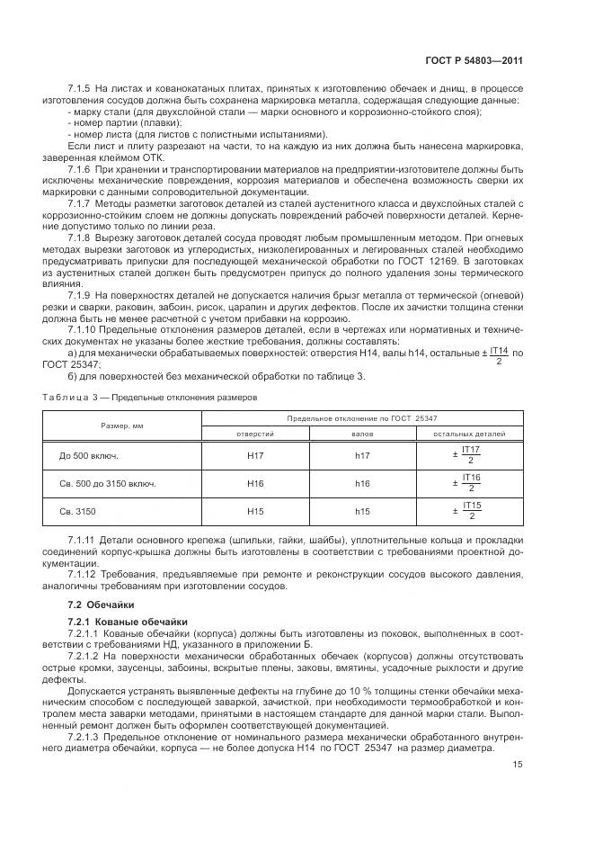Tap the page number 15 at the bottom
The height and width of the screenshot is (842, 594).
tap(542, 766)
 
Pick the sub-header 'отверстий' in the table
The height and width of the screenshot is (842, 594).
tap(255, 434)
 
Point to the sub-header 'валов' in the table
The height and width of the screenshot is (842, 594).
tap(362, 434)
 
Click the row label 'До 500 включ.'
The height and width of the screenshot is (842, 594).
tap(89, 455)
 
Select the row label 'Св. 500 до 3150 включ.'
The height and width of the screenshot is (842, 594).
tap(107, 484)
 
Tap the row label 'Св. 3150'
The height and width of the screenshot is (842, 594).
tap(78, 512)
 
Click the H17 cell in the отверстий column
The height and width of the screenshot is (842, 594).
tap(255, 455)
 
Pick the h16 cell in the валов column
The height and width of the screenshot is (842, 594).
tap(362, 484)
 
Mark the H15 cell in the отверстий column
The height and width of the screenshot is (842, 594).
tap(255, 512)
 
